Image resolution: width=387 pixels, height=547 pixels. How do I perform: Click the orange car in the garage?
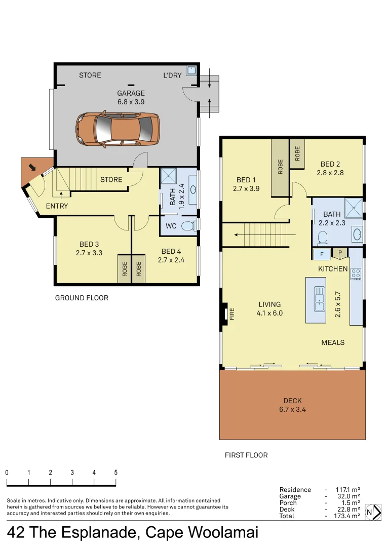118,129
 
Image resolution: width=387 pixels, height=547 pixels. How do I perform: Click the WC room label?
171,226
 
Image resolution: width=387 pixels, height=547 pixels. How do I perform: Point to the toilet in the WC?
188,225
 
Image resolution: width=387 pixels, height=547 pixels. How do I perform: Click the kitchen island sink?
319,299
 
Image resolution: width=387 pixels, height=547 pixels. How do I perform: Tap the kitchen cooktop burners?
356,274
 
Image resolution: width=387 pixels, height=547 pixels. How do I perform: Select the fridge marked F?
321,254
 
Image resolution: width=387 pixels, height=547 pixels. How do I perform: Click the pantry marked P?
339,253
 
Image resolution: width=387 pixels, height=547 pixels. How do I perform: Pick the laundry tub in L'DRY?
191,70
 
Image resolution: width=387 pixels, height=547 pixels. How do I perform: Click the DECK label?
292,401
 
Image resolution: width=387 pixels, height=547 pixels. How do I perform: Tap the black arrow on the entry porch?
32,167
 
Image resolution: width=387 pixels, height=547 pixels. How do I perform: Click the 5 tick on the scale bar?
116,473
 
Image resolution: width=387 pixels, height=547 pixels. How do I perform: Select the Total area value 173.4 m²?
347,516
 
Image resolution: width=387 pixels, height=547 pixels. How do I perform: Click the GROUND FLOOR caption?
82,298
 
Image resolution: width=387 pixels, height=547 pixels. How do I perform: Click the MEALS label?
333,342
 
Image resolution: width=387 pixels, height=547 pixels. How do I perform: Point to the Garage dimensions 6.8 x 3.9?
131,101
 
